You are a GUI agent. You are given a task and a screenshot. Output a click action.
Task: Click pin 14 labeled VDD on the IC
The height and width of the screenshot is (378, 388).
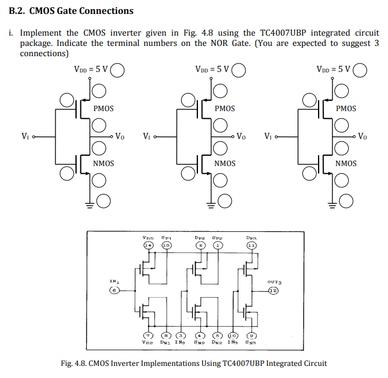click(x=148, y=246)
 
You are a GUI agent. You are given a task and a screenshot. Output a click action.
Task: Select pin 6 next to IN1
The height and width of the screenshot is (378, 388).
click(x=113, y=290)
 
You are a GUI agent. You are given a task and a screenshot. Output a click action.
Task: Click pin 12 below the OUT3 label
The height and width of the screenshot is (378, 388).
click(x=274, y=290)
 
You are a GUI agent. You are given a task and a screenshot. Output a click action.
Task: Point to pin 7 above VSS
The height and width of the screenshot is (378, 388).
click(x=148, y=335)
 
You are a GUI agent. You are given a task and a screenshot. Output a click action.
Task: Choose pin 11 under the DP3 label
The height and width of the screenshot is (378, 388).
click(x=251, y=246)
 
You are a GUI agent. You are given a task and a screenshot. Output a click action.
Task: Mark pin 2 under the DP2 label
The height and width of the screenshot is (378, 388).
click(x=200, y=246)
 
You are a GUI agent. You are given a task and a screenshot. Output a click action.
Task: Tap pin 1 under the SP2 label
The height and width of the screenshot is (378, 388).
click(x=217, y=246)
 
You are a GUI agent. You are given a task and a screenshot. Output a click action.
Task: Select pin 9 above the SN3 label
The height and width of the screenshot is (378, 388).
click(x=252, y=335)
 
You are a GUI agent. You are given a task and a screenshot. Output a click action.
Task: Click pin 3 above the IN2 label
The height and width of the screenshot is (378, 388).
click(x=180, y=335)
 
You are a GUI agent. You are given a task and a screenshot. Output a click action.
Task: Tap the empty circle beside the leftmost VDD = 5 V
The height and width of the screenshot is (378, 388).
click(x=117, y=71)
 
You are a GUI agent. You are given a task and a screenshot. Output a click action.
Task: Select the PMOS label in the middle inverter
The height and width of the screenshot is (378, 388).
click(x=224, y=109)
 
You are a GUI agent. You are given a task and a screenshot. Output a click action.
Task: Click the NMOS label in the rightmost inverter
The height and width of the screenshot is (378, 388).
click(x=346, y=164)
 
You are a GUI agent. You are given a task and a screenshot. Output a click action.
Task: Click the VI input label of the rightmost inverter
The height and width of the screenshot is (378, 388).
click(x=267, y=136)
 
